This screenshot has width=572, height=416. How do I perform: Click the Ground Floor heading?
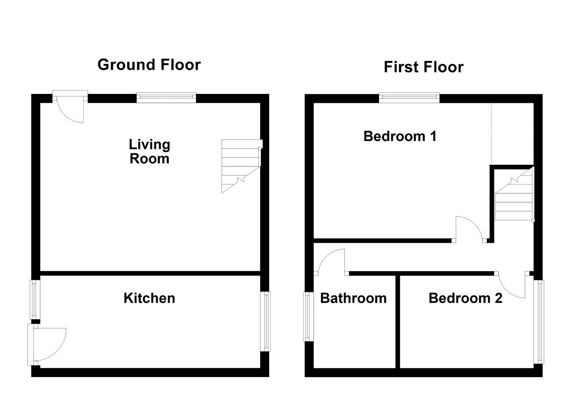[149, 65]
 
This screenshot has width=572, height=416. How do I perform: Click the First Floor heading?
[424, 67]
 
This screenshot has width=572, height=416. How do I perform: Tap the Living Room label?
[149, 151]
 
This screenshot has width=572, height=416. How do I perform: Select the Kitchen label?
[149, 298]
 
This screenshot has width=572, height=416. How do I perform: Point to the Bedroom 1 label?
[400, 136]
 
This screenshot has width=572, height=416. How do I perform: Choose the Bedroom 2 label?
[466, 298]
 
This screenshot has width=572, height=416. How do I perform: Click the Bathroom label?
[354, 298]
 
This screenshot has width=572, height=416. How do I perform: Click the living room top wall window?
[166, 98]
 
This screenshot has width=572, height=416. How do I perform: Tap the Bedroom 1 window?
[409, 98]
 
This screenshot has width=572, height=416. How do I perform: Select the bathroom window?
[308, 317]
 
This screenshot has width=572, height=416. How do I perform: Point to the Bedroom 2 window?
[538, 322]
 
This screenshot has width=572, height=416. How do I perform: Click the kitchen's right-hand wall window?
[265, 322]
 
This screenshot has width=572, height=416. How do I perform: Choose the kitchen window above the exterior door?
[35, 300]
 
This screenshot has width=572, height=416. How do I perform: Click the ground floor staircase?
[241, 166]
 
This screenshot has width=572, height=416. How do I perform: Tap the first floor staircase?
[514, 194]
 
